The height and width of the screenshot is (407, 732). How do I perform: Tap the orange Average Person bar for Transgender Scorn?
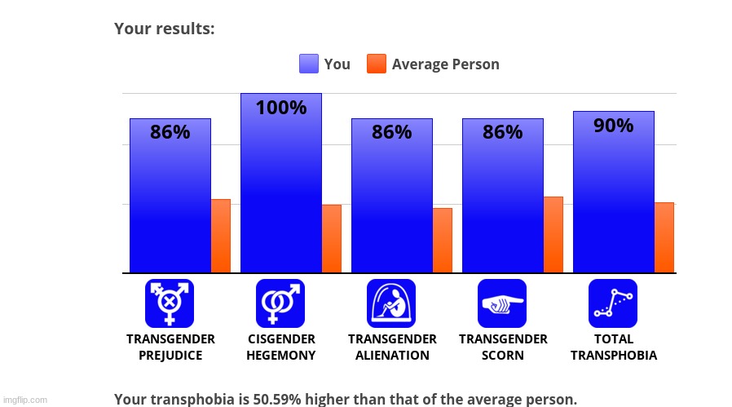(x=553, y=234)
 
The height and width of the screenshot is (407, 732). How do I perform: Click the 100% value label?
(x=280, y=108)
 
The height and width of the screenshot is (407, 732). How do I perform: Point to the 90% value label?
(x=613, y=126)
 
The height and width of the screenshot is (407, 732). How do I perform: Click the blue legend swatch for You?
(x=309, y=64)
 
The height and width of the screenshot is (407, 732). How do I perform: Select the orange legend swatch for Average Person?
(x=376, y=64)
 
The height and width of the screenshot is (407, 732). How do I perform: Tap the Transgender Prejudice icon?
(x=170, y=303)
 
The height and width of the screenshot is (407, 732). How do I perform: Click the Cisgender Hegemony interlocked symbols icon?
(x=280, y=303)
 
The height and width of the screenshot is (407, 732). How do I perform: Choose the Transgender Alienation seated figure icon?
(x=391, y=303)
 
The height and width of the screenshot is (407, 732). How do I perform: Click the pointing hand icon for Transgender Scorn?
(x=502, y=303)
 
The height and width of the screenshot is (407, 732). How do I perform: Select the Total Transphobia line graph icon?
(x=613, y=303)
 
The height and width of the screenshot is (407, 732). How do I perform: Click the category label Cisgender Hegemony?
(x=280, y=347)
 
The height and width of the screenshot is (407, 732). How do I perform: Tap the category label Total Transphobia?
(x=613, y=347)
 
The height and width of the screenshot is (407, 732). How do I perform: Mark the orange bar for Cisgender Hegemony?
(x=331, y=238)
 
